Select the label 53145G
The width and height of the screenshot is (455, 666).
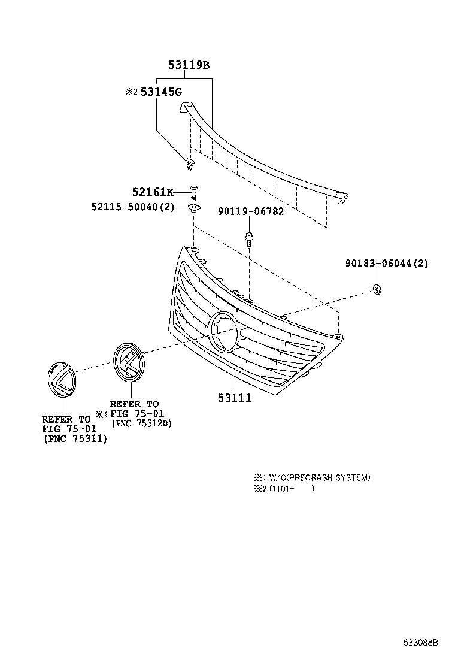coord(161,92)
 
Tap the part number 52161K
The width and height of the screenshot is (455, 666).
coord(153,192)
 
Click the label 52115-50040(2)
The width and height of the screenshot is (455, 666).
coord(132,207)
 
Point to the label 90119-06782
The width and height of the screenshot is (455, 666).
coord(251,211)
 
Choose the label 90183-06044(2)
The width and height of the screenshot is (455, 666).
coord(387,264)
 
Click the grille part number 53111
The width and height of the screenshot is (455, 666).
coord(234,397)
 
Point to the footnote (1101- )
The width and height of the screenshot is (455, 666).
coord(291,488)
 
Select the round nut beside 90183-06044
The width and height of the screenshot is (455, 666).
coord(377,290)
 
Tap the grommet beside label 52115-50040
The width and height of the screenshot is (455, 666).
coord(193,208)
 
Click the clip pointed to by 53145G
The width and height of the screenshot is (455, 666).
coord(189,162)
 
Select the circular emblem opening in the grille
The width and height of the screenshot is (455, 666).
coord(222,332)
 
